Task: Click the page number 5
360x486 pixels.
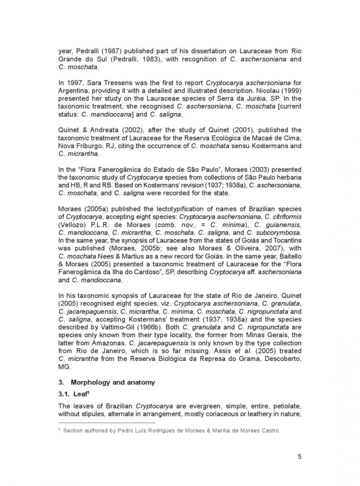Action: coord(299,456)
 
